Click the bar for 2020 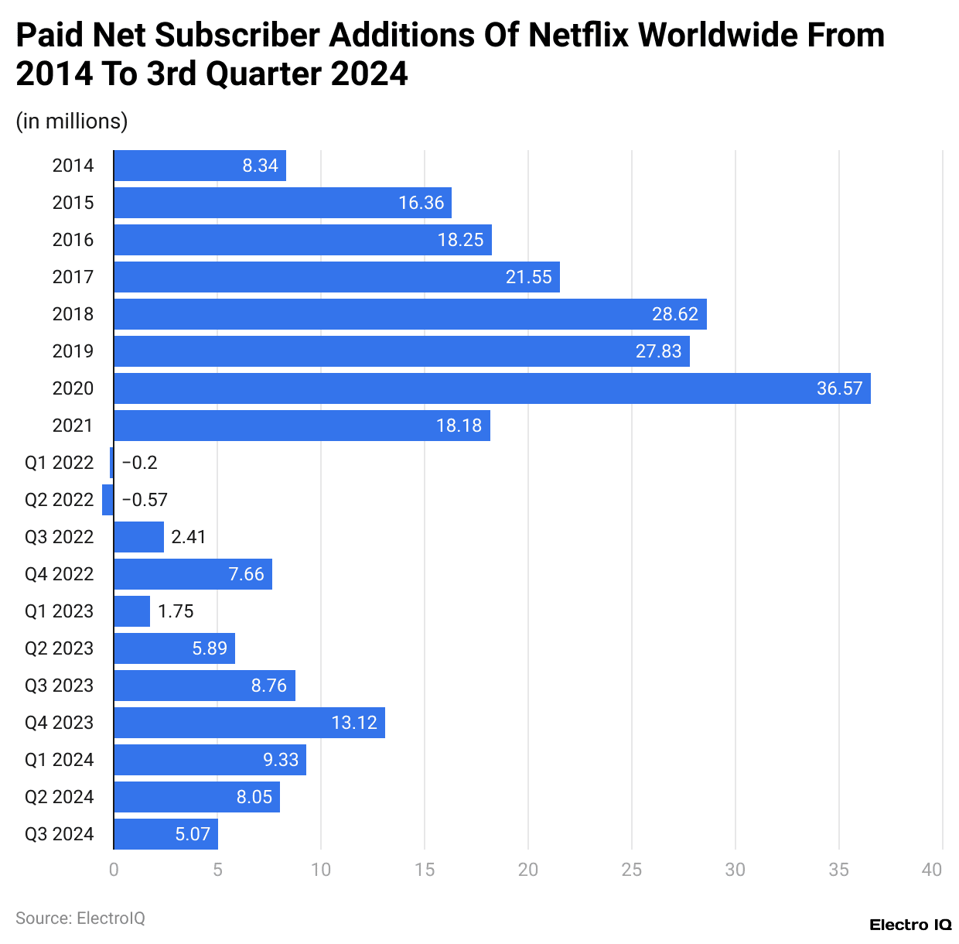coord(492,388)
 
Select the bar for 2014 coord(200,166)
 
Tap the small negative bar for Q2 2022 coord(108,500)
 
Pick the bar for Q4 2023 coord(249,723)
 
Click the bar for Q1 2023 coord(131,611)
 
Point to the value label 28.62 coord(674,314)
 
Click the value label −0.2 coord(139,463)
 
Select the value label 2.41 coord(189,537)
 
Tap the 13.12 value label coord(354,723)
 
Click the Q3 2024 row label coord(59,834)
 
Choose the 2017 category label coord(73,277)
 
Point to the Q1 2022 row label coord(59,463)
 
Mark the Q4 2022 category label coord(59,574)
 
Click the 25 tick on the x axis coord(631,870)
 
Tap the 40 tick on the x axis coord(932,870)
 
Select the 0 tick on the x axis coord(114,870)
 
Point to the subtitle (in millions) coord(72,121)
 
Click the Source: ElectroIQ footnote coord(80,918)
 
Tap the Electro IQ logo coord(910,925)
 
